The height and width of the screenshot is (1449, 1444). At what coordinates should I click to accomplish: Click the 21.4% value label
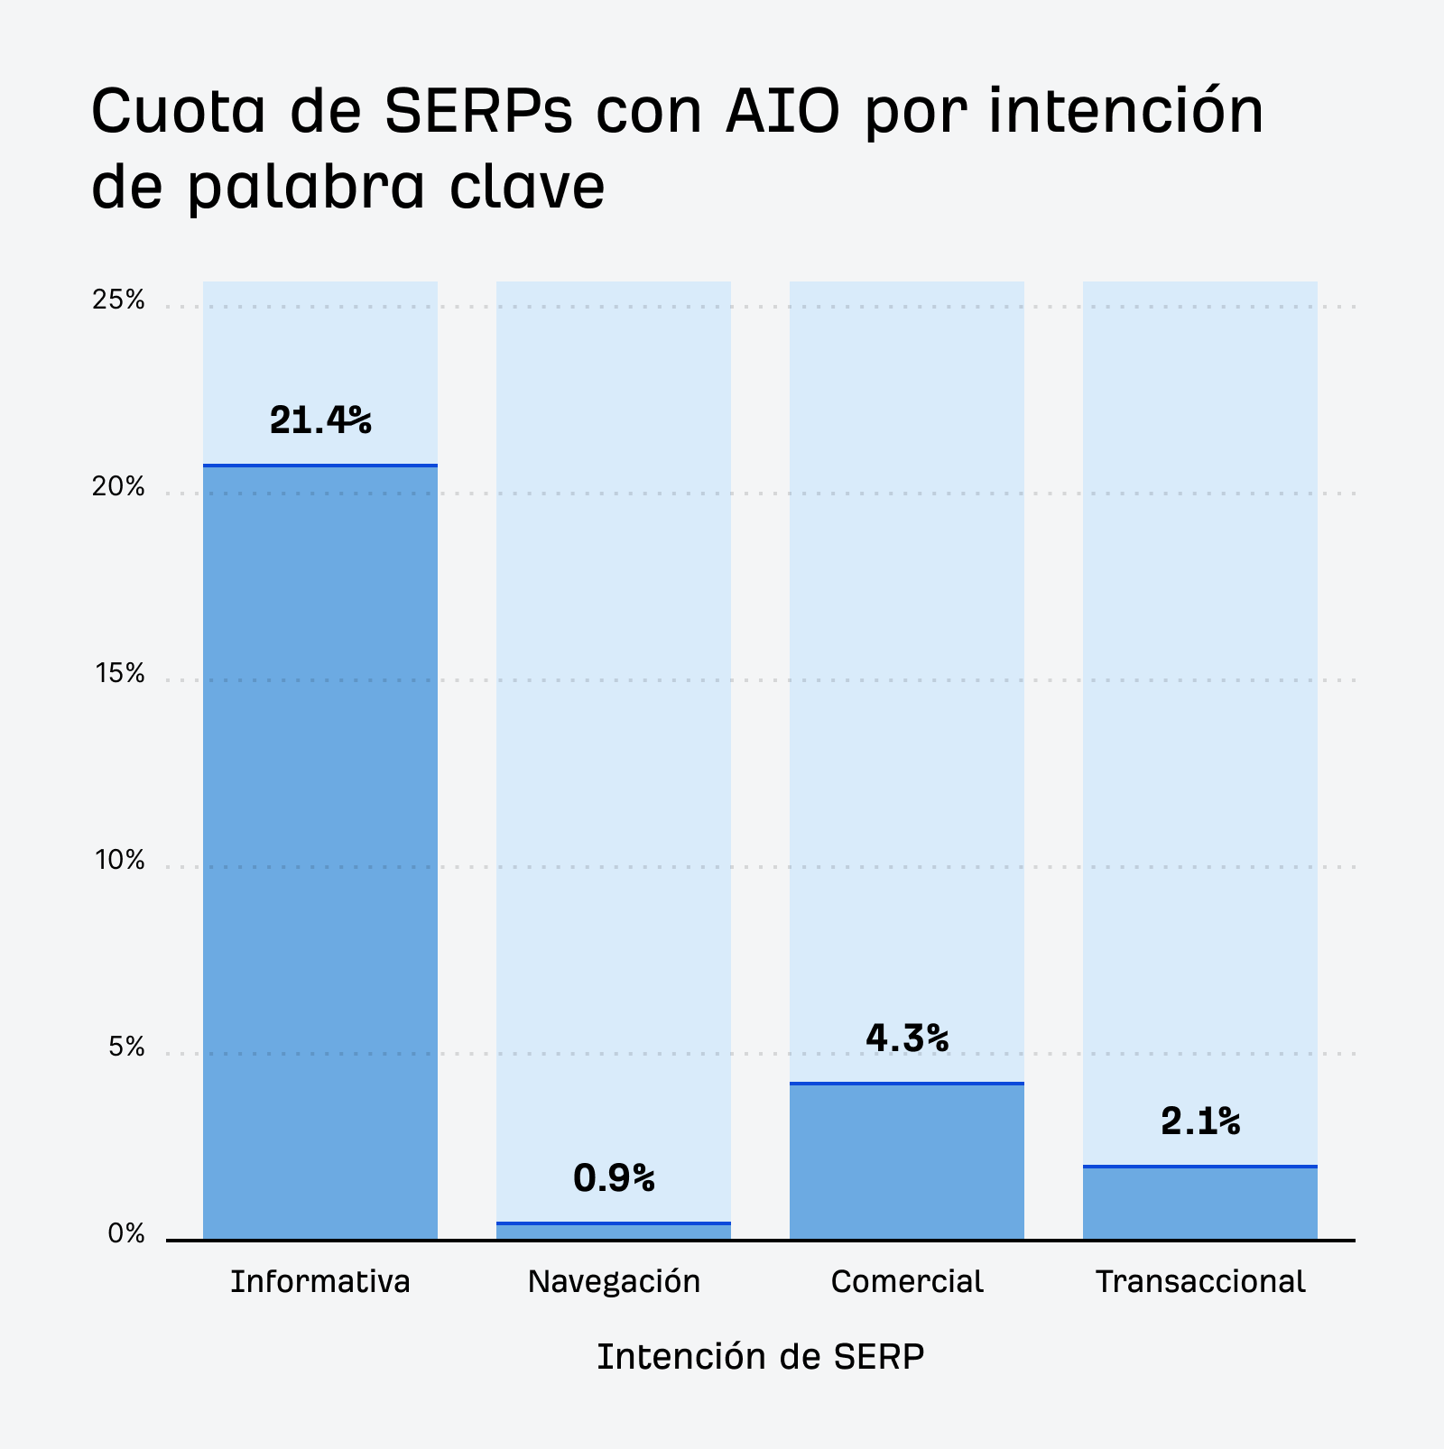(x=320, y=420)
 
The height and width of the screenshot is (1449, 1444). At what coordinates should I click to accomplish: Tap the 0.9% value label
(x=614, y=1178)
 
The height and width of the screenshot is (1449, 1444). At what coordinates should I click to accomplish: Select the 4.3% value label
(x=907, y=1038)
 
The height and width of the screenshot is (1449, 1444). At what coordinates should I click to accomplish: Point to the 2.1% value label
(x=1200, y=1122)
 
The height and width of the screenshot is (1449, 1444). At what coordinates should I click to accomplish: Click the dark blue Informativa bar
(x=320, y=853)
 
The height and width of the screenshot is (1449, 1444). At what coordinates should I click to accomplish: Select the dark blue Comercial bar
(x=907, y=1161)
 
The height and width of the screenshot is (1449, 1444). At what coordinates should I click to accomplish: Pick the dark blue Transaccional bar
(x=1200, y=1203)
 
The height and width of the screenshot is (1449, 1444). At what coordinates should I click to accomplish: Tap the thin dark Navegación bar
(x=614, y=1232)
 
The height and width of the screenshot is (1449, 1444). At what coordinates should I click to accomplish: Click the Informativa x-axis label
(x=320, y=1282)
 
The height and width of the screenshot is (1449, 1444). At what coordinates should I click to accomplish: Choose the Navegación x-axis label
(x=614, y=1282)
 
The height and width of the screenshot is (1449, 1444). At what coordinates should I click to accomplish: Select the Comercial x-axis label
(x=907, y=1282)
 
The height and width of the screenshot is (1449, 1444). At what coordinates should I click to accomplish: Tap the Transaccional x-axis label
(x=1200, y=1282)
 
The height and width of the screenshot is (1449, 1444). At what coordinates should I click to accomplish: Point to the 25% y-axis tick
(x=118, y=300)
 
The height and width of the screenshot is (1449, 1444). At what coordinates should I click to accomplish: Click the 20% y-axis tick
(x=118, y=487)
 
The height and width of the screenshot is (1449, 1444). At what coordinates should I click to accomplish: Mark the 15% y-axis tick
(x=119, y=674)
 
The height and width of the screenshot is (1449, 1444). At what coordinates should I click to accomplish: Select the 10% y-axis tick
(x=119, y=861)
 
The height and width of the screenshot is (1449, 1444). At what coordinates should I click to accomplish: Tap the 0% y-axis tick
(x=126, y=1234)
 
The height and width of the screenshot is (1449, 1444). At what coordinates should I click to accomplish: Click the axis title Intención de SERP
(x=760, y=1357)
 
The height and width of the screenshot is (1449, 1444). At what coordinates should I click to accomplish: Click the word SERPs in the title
(x=478, y=112)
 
